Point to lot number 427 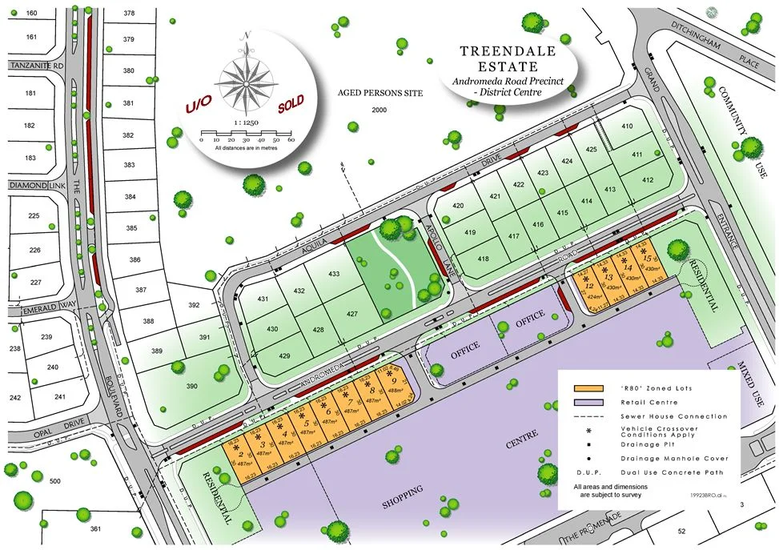click(x=351, y=314)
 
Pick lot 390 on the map click(x=191, y=387)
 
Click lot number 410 click(x=627, y=126)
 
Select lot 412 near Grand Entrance click(x=648, y=181)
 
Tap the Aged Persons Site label click(x=379, y=94)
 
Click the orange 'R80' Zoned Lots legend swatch click(x=588, y=388)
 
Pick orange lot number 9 click(x=392, y=381)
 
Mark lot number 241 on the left click(x=59, y=396)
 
